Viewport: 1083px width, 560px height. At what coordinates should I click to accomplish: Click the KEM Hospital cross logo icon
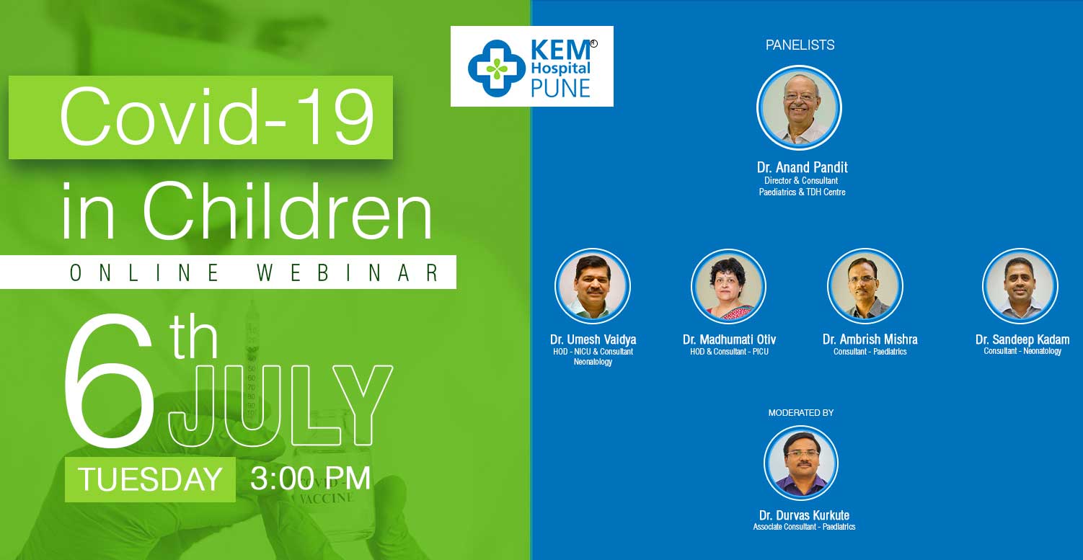497,68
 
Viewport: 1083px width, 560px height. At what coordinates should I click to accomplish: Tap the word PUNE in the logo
560,89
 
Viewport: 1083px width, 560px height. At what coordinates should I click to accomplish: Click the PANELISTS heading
800,45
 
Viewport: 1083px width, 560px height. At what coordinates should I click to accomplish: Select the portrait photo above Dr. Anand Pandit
799,108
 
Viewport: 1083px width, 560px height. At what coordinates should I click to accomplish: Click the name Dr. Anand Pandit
802,167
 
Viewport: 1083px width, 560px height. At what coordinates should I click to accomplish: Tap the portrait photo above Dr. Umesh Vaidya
592,286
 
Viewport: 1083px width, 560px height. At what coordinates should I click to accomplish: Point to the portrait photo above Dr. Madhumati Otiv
728,286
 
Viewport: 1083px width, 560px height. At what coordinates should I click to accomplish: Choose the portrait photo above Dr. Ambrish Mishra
865,286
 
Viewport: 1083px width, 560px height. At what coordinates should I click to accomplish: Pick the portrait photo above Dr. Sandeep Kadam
1020,286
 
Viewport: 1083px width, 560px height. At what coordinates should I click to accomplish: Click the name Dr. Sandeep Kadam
1022,339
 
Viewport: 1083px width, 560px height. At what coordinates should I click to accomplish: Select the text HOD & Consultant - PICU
729,352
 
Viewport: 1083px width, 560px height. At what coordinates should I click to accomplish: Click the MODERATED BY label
801,413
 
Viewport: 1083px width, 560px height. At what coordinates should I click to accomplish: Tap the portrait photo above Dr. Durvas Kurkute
801,463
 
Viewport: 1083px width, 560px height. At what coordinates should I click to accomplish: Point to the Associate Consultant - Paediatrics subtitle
804,527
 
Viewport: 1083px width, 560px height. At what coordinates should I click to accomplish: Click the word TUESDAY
150,479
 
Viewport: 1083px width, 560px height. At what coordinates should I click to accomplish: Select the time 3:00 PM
310,479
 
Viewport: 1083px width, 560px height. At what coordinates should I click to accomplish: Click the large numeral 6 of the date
110,380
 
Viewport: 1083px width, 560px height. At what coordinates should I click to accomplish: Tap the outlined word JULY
280,405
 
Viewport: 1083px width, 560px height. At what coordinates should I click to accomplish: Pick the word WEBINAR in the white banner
348,272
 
